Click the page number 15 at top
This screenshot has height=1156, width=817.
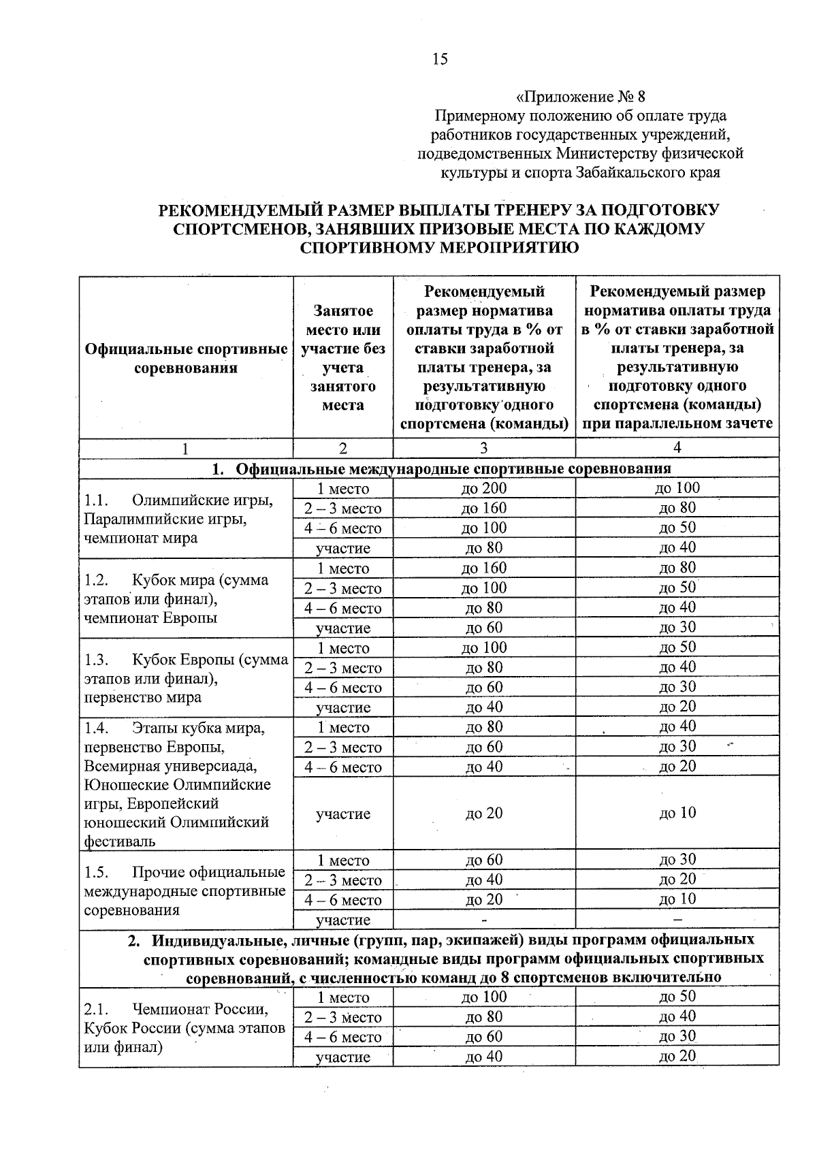(x=440, y=59)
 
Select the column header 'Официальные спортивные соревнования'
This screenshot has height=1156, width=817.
(x=186, y=359)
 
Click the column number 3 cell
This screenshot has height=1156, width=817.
(x=483, y=448)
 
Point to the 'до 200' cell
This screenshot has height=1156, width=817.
(x=483, y=488)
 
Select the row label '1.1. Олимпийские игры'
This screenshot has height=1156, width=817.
(x=178, y=500)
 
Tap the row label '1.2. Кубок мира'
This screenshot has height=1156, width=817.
(x=176, y=580)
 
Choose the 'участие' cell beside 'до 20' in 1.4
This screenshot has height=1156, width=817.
(x=343, y=814)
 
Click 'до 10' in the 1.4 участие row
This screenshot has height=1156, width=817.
(x=677, y=813)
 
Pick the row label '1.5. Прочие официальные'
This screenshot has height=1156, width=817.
(x=184, y=872)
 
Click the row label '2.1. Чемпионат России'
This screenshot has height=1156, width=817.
(x=176, y=1009)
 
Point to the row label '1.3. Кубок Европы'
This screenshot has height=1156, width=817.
(x=185, y=660)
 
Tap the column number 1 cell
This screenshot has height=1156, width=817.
(x=185, y=448)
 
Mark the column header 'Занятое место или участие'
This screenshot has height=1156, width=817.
(x=343, y=359)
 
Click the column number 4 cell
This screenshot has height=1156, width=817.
(x=677, y=447)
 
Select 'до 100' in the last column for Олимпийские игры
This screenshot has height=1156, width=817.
(x=677, y=487)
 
